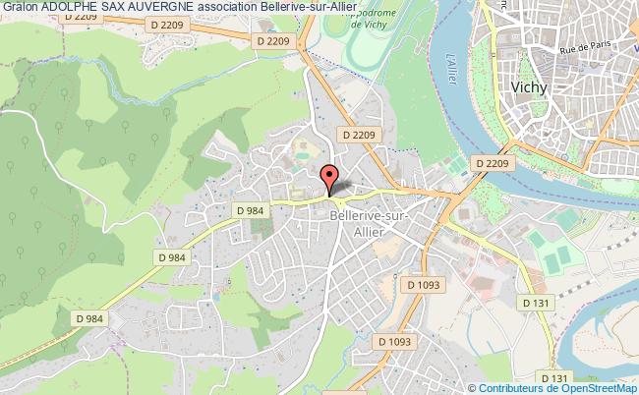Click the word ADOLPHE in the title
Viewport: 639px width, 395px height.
pyautogui.click(x=80, y=7)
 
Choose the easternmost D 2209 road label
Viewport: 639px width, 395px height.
pyautogui.click(x=492, y=163)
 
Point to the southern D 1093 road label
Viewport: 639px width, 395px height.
pyautogui.click(x=392, y=341)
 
